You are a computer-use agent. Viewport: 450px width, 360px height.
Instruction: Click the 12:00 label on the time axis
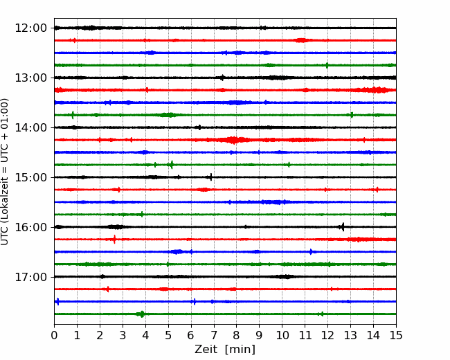tap(30, 28)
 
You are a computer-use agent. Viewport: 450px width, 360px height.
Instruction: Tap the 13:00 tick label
tap(30, 78)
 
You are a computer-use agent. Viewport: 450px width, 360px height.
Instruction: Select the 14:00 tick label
tap(30, 127)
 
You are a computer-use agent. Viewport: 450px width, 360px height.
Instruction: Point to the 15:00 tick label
tap(30, 177)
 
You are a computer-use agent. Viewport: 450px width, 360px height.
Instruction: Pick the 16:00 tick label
tap(30, 227)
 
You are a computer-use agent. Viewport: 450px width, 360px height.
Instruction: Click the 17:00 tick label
tap(30, 277)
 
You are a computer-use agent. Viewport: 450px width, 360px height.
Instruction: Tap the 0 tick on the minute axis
tap(54, 335)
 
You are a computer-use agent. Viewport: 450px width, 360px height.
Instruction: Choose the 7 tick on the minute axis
tap(213, 335)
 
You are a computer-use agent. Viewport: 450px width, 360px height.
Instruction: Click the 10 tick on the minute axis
tap(282, 335)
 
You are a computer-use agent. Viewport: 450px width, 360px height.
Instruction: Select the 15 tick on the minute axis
tap(396, 335)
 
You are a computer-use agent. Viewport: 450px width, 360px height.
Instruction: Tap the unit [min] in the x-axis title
tap(240, 350)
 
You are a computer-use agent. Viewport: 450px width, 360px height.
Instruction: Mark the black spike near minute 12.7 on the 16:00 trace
tap(343, 227)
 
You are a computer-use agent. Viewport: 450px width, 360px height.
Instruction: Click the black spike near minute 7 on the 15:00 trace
tap(211, 177)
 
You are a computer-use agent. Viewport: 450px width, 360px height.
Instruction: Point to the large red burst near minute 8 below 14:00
tap(234, 140)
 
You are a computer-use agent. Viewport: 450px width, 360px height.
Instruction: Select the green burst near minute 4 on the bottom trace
tap(141, 314)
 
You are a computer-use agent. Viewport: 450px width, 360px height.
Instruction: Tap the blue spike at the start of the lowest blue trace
tap(57, 301)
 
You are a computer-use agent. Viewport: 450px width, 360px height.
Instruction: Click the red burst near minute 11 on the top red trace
tap(301, 40)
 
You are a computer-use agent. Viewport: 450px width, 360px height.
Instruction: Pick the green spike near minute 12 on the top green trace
tap(327, 65)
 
